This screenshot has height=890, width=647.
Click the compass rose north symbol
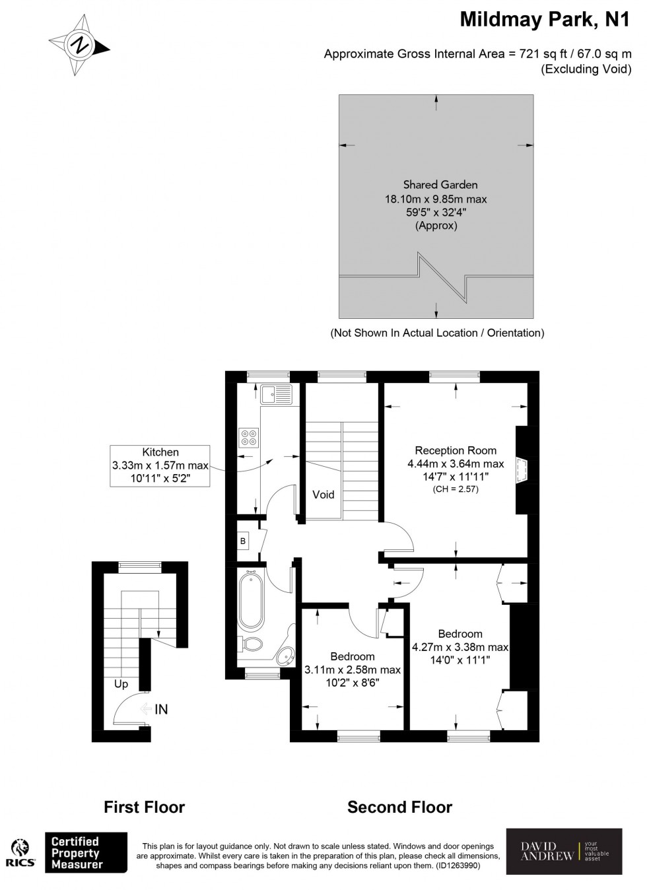click(x=79, y=46)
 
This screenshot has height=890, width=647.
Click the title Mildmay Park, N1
click(x=545, y=20)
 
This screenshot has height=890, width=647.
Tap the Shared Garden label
click(x=440, y=185)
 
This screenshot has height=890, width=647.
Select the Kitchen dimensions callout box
click(x=160, y=465)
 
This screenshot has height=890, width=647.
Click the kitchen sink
click(x=276, y=394)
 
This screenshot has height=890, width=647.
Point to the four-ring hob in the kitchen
click(x=249, y=436)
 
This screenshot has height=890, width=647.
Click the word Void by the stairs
click(x=323, y=495)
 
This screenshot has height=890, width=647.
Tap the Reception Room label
click(x=456, y=450)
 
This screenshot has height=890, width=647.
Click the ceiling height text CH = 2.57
click(x=456, y=489)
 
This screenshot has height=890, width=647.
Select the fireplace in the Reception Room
click(x=522, y=469)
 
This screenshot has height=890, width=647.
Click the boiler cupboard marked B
click(x=243, y=541)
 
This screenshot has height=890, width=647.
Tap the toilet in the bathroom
click(x=252, y=643)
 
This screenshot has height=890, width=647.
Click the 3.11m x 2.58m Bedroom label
click(x=353, y=656)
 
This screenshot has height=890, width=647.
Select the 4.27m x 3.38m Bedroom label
click(x=460, y=634)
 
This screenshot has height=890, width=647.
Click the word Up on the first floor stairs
click(x=121, y=684)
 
